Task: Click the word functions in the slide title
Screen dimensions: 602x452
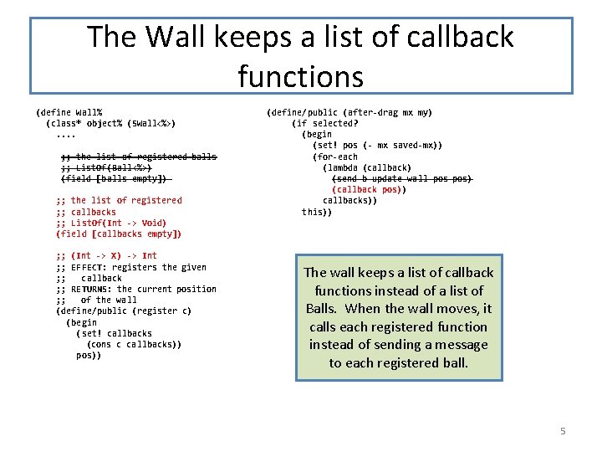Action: pos(300,77)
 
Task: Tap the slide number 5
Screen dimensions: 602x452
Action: pos(563,431)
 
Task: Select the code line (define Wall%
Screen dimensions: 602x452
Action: pos(69,112)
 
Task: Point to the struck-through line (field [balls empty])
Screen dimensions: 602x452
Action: pos(115,178)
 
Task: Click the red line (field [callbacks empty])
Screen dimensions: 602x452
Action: pos(119,234)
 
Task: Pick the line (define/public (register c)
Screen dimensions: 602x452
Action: pos(124,311)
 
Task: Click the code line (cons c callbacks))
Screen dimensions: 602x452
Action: pos(134,344)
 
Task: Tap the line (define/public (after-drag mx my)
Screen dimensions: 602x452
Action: pos(349,112)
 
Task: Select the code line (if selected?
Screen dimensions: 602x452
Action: pos(325,123)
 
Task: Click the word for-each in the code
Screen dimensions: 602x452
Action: pos(337,157)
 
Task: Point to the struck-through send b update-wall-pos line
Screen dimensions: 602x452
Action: pos(402,178)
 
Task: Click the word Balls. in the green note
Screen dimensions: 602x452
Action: pos(324,309)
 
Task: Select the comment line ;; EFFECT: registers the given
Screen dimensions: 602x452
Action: pos(130,267)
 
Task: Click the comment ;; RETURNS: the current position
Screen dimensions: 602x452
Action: pos(135,289)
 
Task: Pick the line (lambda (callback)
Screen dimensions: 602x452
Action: pos(367,167)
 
